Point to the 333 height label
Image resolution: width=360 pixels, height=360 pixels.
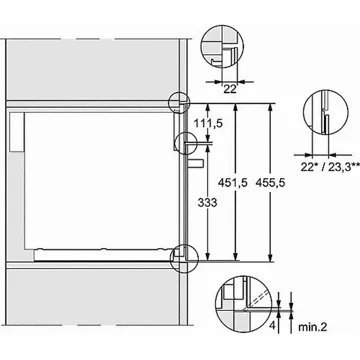205,202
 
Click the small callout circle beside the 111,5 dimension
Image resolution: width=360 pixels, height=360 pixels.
186,140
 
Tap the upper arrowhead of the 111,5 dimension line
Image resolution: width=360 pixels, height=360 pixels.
209,104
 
